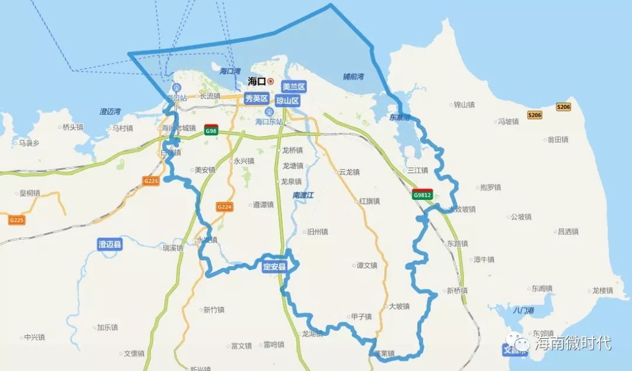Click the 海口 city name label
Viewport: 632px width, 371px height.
pos(257,81)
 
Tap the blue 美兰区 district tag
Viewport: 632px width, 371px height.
pos(293,87)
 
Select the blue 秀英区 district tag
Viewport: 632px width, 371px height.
pos(256,98)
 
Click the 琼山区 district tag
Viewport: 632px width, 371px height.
pos(287,101)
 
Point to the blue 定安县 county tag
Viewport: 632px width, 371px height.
pos(274,267)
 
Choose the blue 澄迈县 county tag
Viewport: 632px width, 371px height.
pos(110,244)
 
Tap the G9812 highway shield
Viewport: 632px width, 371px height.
pos(422,195)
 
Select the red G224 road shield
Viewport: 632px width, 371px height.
pos(224,207)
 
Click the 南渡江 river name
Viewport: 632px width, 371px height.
pos(303,195)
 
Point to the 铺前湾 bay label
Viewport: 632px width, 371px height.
pos(353,77)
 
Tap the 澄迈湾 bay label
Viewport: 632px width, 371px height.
pos(110,111)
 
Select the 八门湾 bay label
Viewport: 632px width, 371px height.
pos(523,310)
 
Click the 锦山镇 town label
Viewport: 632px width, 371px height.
pos(464,105)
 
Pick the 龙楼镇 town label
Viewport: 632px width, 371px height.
pos(602,290)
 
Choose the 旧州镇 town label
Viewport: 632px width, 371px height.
pos(318,232)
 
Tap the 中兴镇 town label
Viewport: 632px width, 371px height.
pos(35,337)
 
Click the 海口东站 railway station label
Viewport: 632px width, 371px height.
pos(269,121)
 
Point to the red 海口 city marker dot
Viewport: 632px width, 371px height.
pos(270,81)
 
